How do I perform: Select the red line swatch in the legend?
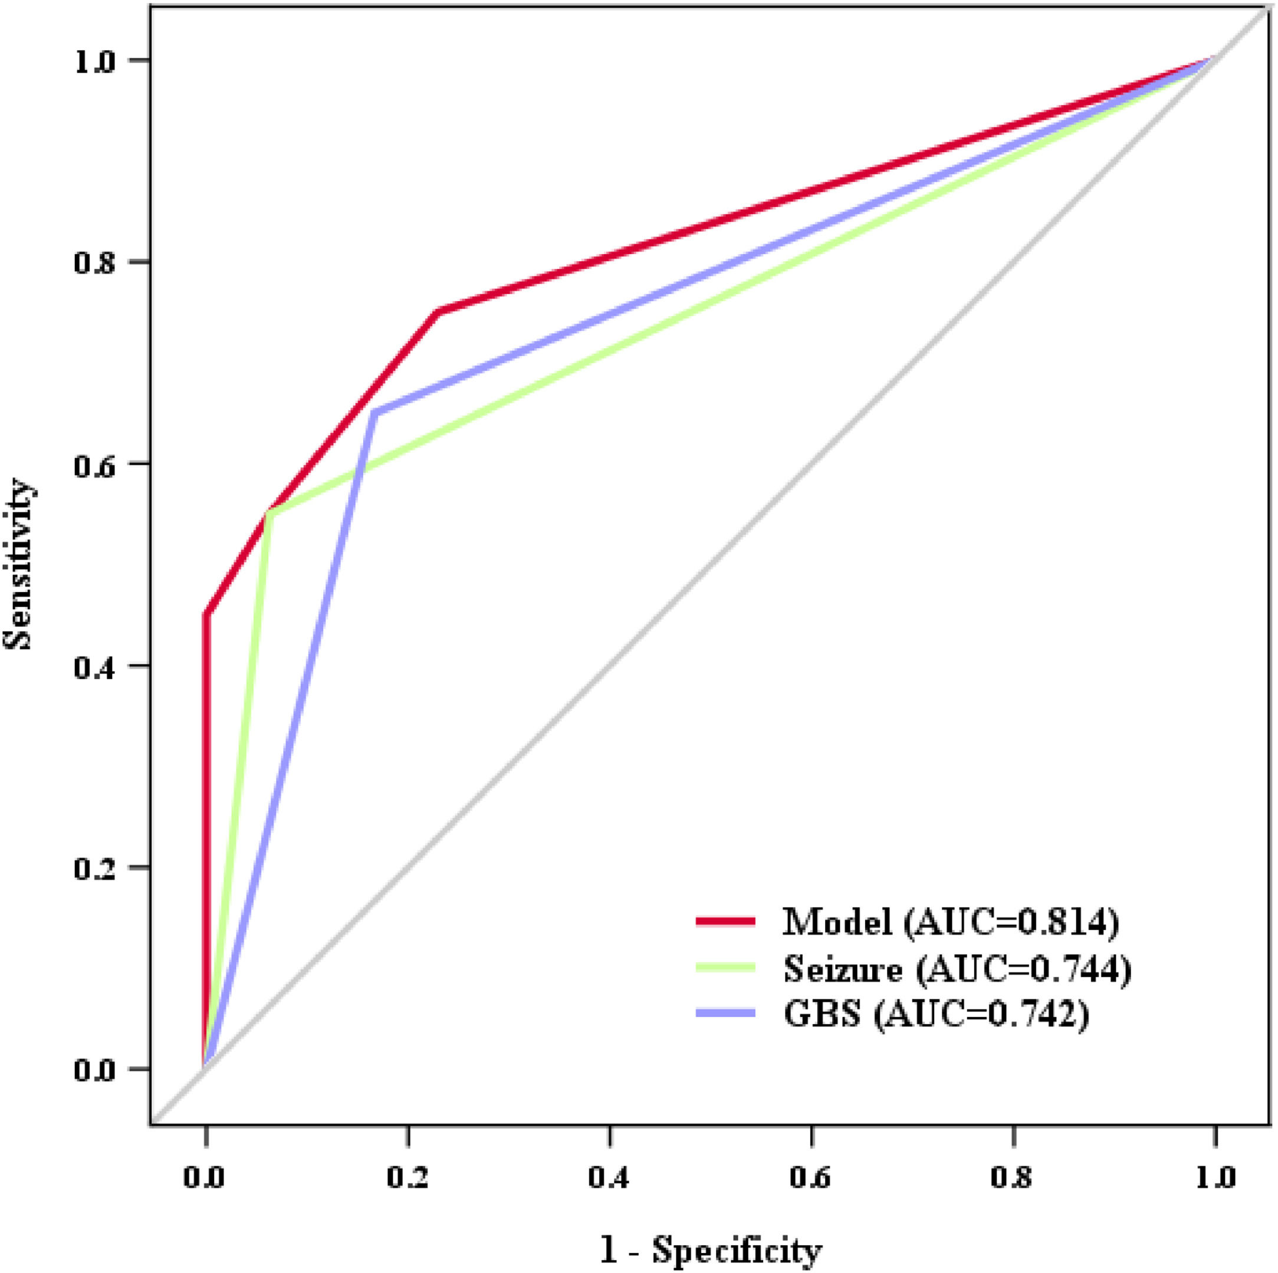725,920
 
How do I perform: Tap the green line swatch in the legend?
725,967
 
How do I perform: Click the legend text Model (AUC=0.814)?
950,920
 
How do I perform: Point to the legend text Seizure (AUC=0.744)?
957,967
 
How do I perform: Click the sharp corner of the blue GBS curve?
374,413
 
